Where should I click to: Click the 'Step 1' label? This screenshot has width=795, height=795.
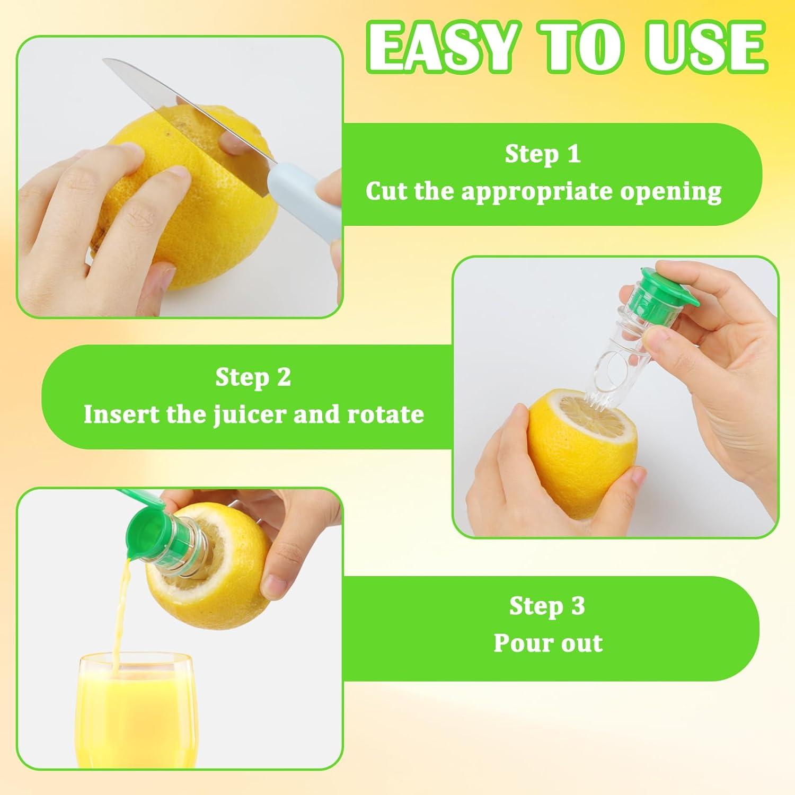pyautogui.click(x=542, y=154)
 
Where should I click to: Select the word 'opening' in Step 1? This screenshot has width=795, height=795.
pyautogui.click(x=671, y=192)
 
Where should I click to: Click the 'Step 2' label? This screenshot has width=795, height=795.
pyautogui.click(x=253, y=377)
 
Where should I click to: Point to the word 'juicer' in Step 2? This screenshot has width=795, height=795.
pyautogui.click(x=250, y=415)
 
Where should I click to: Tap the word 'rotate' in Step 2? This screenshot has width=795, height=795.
pyautogui.click(x=385, y=414)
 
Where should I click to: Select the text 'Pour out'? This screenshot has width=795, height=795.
pyautogui.click(x=548, y=643)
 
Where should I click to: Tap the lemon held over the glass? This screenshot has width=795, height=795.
pyautogui.click(x=212, y=562)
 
